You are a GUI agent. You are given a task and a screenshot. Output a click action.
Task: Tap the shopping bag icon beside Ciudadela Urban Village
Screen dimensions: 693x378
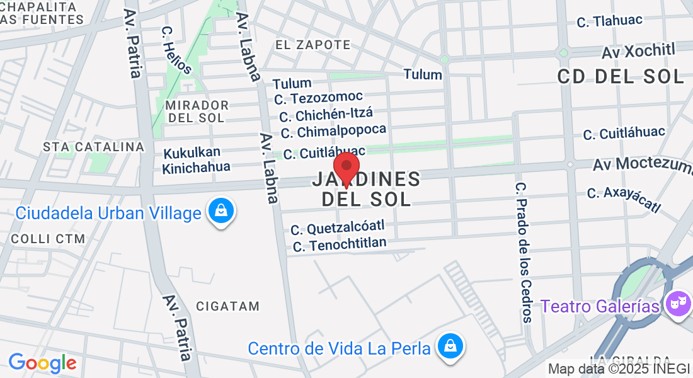221,212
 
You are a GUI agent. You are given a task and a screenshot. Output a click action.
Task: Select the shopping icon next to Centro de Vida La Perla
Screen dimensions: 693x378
450,346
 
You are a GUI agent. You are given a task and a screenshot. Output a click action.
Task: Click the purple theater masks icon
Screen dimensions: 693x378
678,306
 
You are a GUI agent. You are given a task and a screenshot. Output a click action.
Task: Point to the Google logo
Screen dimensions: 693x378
42,363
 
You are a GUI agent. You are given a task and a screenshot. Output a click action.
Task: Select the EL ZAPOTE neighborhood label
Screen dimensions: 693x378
313,45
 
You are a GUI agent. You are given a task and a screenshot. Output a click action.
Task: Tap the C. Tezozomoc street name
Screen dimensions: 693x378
319,97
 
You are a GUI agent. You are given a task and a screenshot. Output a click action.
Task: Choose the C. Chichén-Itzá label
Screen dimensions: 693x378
326,115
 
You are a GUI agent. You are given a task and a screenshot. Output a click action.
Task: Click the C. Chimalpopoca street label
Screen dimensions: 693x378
333,132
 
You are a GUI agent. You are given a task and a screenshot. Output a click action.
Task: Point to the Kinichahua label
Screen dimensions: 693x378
196,168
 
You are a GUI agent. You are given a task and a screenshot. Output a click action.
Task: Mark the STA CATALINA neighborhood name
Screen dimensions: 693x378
94,147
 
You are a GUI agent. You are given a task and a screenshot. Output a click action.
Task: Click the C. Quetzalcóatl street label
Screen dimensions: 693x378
338,227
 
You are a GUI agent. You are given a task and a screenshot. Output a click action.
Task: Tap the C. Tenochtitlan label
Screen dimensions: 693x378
340,244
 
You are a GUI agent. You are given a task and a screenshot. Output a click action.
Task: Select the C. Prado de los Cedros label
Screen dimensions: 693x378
522,252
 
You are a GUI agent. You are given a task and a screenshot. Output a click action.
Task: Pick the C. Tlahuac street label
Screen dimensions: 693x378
609,21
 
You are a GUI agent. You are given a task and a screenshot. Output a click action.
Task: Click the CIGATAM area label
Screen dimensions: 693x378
227,307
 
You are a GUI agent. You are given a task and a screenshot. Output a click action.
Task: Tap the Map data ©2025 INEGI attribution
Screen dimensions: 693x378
619,369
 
